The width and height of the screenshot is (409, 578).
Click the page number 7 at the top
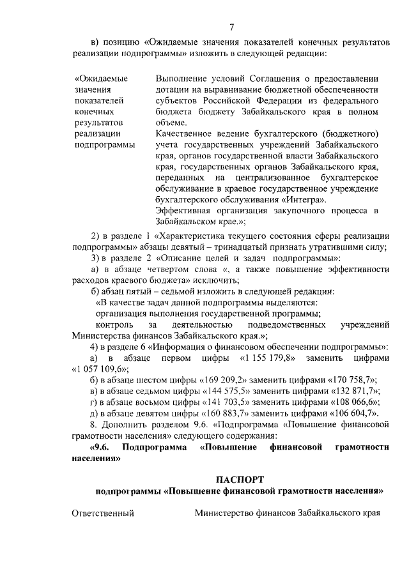231,27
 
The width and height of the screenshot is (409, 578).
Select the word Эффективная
185,211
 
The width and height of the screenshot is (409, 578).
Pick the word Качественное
185,133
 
